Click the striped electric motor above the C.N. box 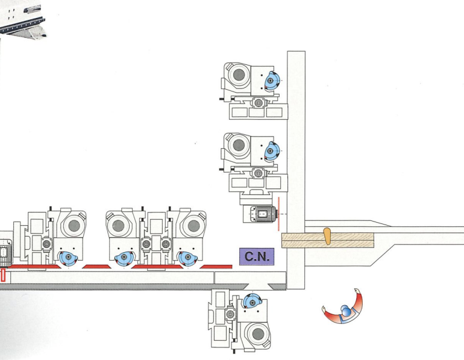(261, 213)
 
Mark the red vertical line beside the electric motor (278, 213)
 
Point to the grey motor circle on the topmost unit (239, 77)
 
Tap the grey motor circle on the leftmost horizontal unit (71, 225)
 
